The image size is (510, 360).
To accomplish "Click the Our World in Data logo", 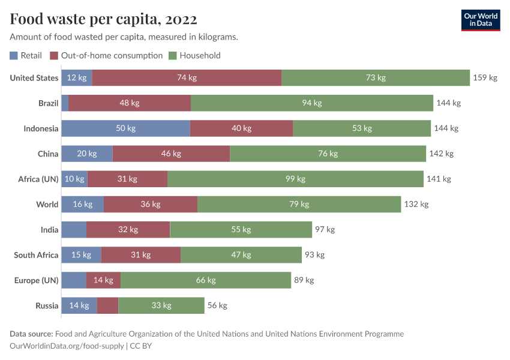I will tap(480, 20).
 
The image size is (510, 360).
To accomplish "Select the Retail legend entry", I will tap(26, 55).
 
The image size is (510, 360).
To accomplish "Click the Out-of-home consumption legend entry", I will tap(106, 55).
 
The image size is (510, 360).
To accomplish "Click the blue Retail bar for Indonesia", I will tap(125, 128).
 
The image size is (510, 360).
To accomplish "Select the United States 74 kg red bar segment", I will tap(187, 78).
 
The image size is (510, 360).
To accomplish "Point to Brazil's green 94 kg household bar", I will tap(311, 103).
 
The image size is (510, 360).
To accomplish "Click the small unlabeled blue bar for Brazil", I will tap(65, 103).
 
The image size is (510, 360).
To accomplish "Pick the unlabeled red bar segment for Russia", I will tap(107, 305).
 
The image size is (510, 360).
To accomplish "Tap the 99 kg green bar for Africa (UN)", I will tap(295, 179).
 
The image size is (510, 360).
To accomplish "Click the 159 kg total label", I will tap(485, 78).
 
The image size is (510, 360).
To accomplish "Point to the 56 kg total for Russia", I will tap(217, 305).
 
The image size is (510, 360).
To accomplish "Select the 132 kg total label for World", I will tap(416, 205).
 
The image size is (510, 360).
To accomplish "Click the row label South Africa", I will tap(36, 255).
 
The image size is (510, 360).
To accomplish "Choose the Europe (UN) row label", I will tap(37, 280).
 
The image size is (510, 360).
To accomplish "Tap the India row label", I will tap(49, 230).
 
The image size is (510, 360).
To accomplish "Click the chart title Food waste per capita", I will tap(103, 19).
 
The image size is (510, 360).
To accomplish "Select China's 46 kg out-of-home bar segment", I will tap(171, 154).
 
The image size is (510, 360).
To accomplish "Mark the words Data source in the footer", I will tap(31, 334).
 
